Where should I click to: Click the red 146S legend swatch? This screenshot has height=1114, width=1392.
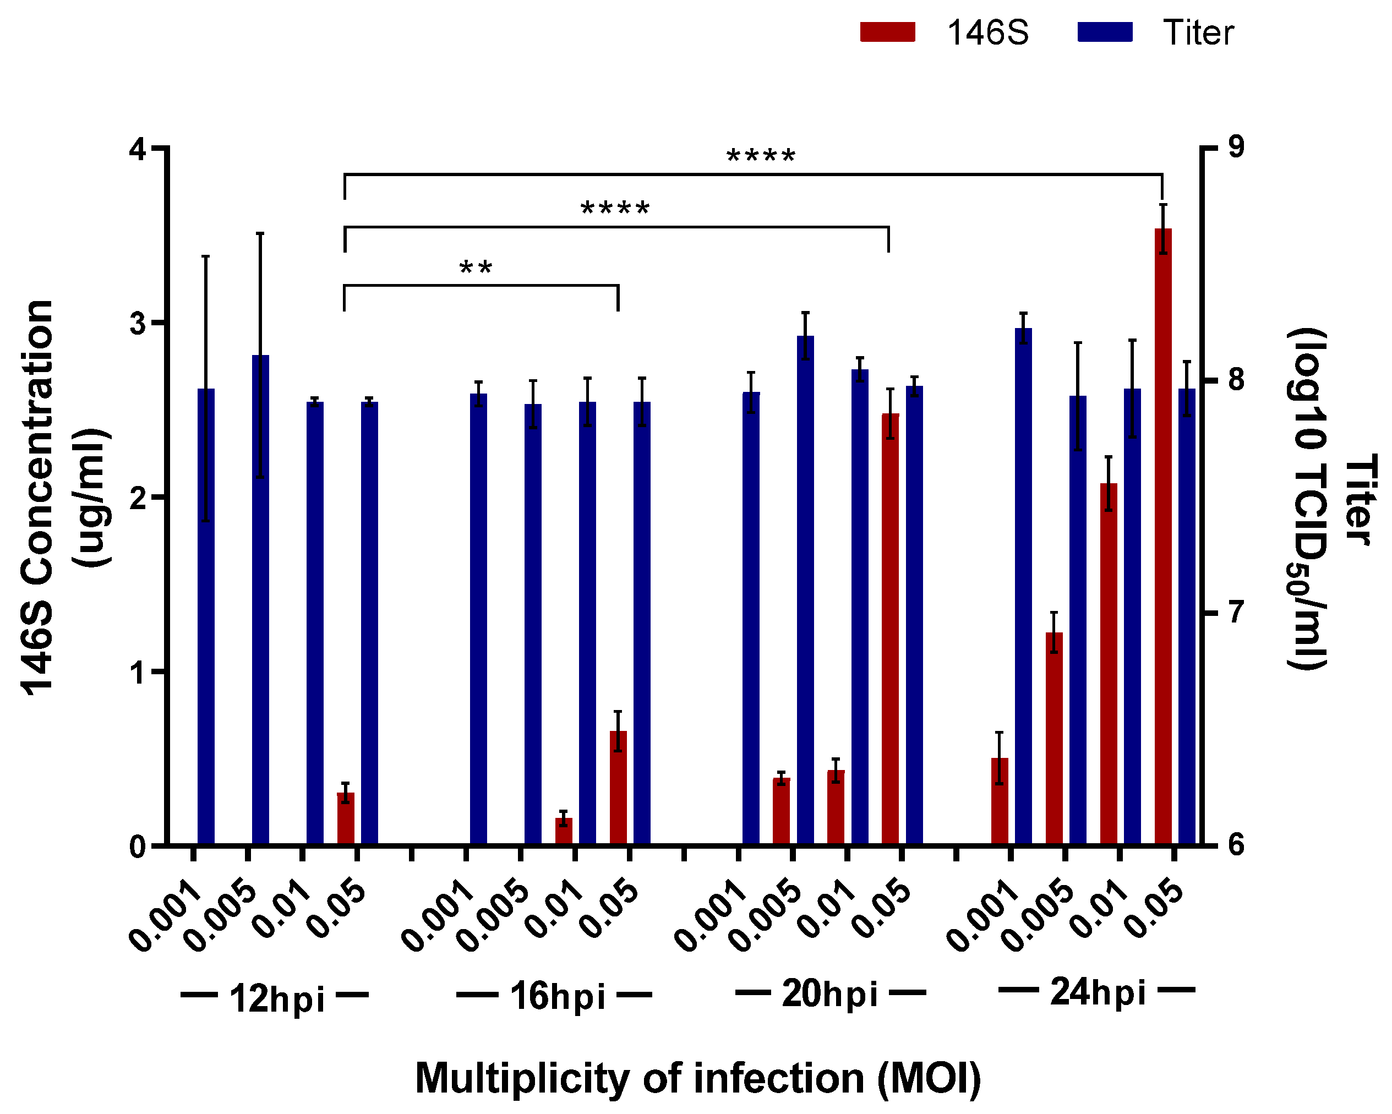tap(887, 31)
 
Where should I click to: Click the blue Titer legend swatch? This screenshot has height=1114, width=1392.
tap(1104, 31)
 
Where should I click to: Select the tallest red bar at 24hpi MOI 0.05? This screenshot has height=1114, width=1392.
tap(1163, 536)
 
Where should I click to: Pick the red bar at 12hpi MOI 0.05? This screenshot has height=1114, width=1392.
tap(346, 818)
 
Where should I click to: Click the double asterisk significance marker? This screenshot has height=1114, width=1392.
tap(476, 268)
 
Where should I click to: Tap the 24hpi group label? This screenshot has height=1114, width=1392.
tap(1098, 992)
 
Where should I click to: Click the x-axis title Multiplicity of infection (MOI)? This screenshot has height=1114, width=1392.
tap(697, 1078)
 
